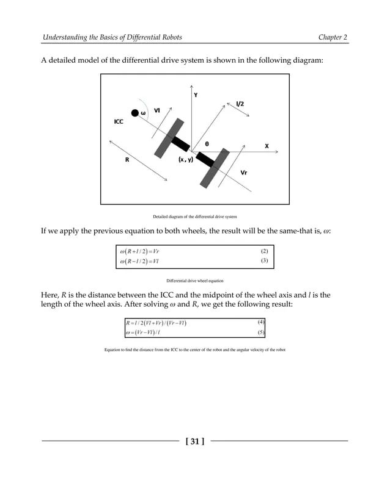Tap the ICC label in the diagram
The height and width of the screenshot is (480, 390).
(x=119, y=122)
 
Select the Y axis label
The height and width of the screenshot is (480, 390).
(x=196, y=95)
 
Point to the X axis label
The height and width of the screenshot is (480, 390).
(x=267, y=146)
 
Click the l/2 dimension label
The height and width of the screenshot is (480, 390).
(x=240, y=104)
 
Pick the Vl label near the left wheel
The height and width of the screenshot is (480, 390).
(x=157, y=110)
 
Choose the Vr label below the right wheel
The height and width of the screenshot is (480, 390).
(x=243, y=173)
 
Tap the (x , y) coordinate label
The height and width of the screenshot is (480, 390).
(x=185, y=159)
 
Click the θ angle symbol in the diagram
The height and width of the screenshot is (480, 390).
(x=207, y=144)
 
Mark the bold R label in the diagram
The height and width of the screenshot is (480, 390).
(x=127, y=160)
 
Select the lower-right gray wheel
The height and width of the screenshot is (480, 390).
(x=212, y=168)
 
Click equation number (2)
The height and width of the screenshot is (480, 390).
(x=264, y=251)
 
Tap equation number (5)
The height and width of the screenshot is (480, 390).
(x=261, y=332)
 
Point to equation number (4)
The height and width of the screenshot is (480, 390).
(x=261, y=321)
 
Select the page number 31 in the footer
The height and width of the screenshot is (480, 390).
(x=194, y=440)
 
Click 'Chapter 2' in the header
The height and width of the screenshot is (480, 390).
(x=333, y=38)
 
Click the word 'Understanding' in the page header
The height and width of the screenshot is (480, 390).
(x=65, y=38)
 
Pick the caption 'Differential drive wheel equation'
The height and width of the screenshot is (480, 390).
(x=194, y=281)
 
